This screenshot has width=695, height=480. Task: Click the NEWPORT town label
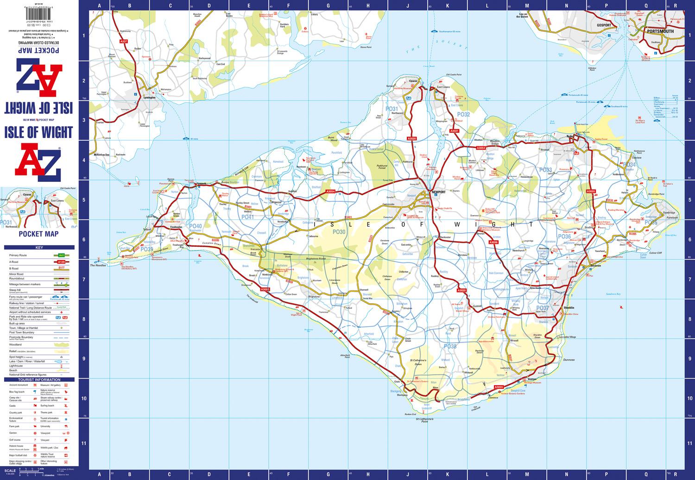[x=438, y=192]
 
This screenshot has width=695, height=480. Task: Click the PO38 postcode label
[x=450, y=346]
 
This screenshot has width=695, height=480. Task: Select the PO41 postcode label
[x=247, y=217]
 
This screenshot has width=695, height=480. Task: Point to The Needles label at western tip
[x=98, y=265]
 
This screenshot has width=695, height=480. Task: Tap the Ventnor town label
[x=531, y=379]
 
